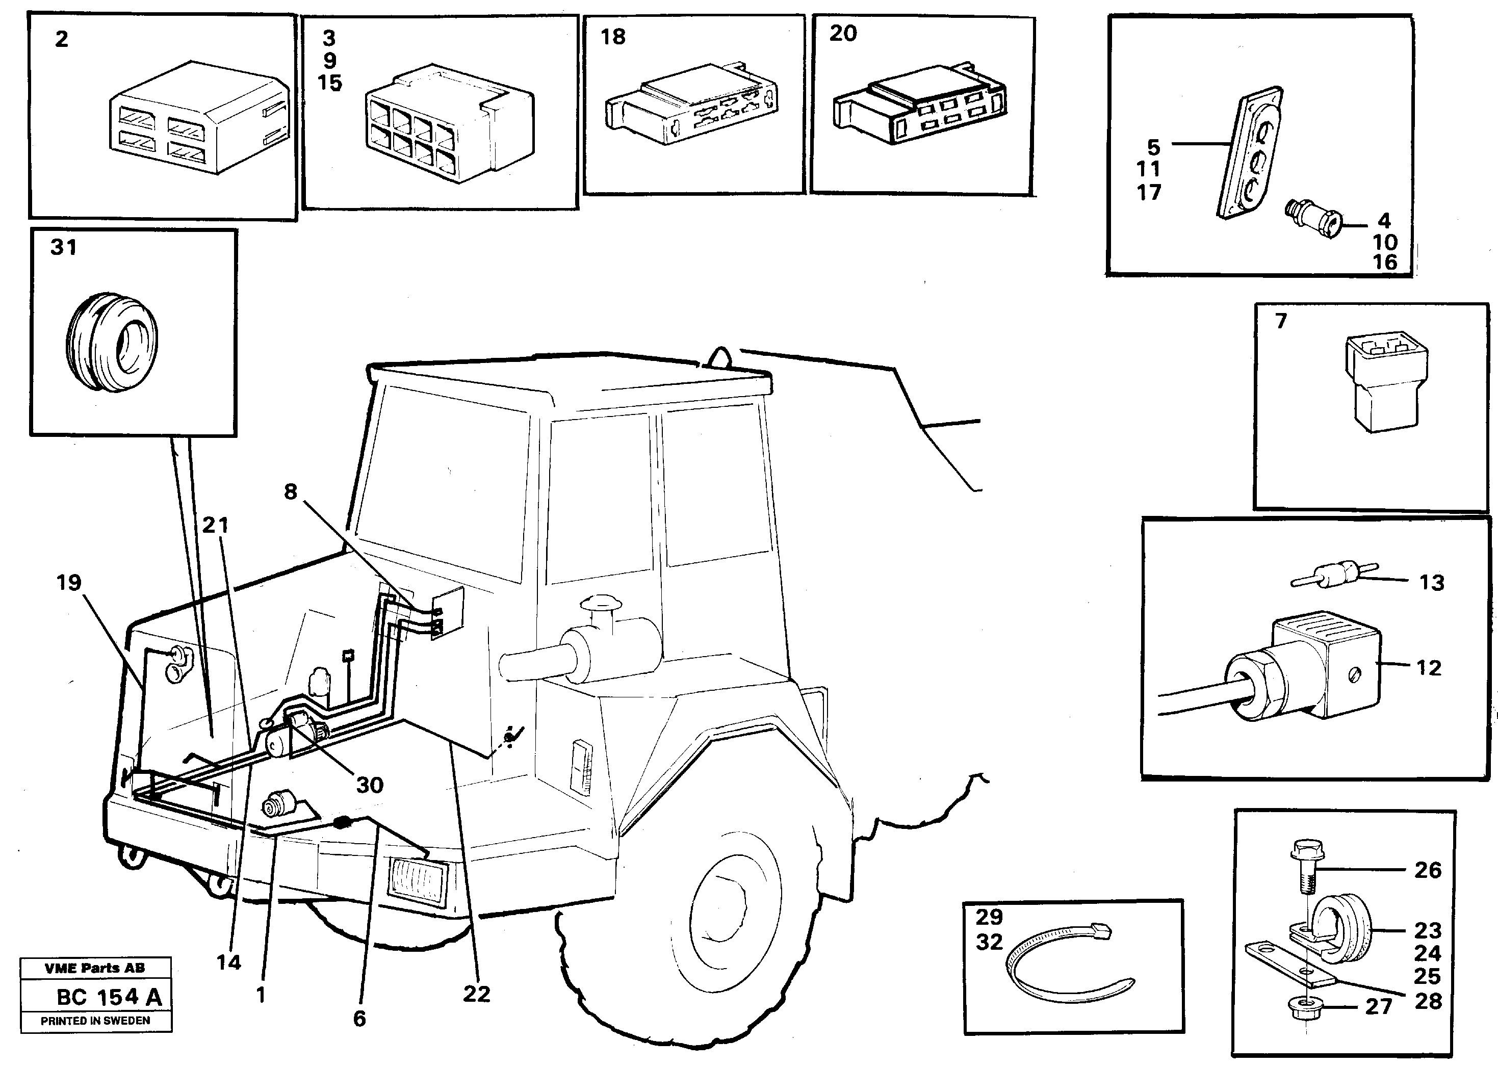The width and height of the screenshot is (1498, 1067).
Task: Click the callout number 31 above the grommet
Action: (63, 248)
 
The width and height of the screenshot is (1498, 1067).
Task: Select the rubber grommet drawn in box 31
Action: (112, 342)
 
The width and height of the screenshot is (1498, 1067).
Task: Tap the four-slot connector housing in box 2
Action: (197, 118)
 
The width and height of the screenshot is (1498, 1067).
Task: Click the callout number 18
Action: (612, 37)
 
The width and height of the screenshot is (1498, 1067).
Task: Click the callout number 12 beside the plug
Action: (1428, 667)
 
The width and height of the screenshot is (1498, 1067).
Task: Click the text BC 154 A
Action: (109, 997)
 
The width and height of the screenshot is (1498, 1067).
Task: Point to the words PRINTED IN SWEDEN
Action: (95, 1020)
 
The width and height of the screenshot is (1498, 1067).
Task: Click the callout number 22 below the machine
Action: (476, 994)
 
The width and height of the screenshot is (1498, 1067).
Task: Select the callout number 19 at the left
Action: (69, 582)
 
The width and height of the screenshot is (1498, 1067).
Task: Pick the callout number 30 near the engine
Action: (369, 784)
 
